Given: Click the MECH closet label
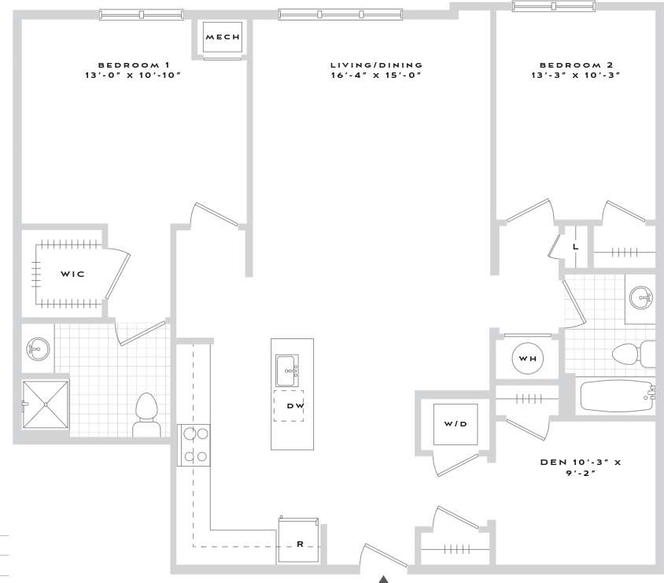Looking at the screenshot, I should (x=222, y=37).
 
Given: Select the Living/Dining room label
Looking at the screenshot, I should (x=375, y=65).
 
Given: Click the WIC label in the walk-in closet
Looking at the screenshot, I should (x=72, y=274).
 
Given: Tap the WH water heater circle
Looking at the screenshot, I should (x=527, y=359).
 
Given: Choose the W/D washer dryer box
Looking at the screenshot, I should (x=456, y=423).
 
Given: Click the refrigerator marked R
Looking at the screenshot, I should (x=299, y=541).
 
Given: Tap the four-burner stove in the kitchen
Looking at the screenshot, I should (x=194, y=445).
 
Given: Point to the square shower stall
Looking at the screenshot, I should (x=46, y=404).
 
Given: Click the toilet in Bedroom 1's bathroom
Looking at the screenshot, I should (x=147, y=415).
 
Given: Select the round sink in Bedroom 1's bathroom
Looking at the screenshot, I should (x=37, y=347).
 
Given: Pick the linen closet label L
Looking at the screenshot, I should (x=576, y=246).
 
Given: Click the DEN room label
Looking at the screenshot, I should (x=580, y=463).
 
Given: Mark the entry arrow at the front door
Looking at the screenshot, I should (x=383, y=578).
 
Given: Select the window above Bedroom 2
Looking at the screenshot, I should (x=555, y=6).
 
